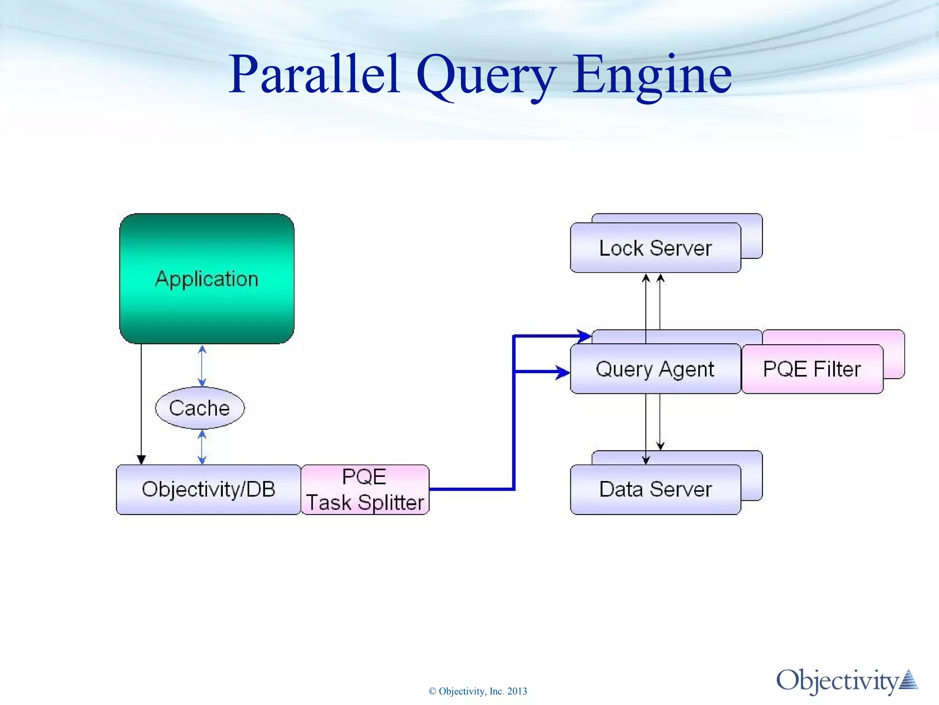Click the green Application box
207,279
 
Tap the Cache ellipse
199,408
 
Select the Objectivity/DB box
209,489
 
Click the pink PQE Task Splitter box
365,489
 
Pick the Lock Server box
655,248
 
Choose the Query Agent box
655,369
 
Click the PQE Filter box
812,369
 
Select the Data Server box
655,489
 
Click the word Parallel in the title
314,74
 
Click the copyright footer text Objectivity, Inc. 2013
478,691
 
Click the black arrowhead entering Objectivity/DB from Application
141,459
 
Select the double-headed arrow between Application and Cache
202,366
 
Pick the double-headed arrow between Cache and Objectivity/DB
202,447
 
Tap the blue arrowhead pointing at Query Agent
563,372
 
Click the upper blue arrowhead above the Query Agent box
584,336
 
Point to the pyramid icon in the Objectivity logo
908,680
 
